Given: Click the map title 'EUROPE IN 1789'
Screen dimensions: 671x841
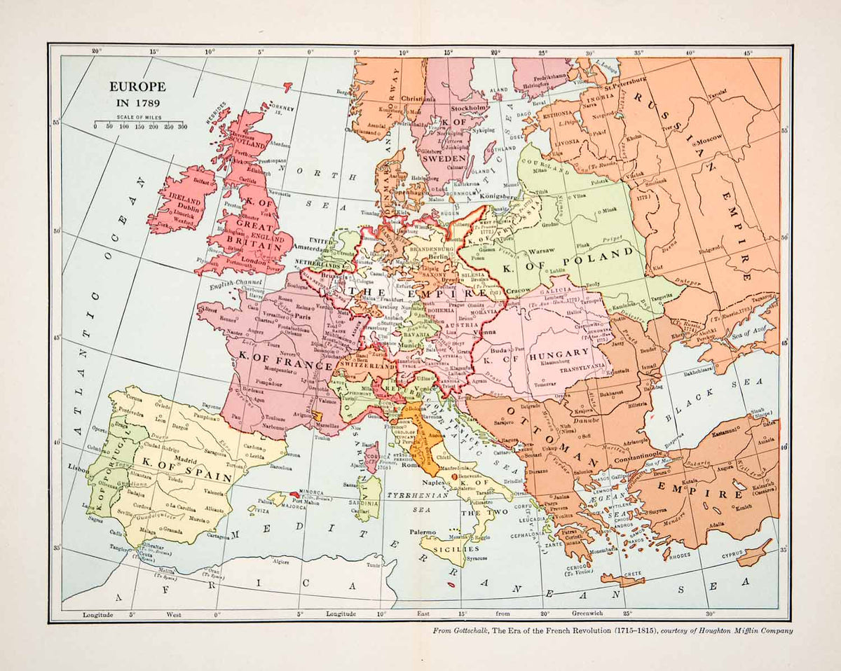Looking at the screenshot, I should [x=137, y=94].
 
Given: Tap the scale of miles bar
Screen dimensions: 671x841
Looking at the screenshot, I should [x=138, y=122].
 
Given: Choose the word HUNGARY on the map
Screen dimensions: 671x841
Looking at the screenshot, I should [x=560, y=353].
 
